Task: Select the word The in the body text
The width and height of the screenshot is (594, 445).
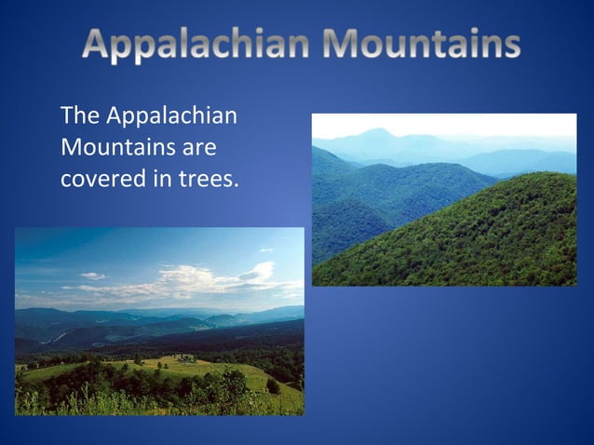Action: click(x=80, y=118)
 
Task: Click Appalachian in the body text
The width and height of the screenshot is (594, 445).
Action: click(x=172, y=118)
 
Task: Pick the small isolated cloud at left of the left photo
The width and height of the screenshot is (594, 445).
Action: click(x=93, y=276)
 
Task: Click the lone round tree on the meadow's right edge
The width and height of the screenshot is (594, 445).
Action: click(x=272, y=384)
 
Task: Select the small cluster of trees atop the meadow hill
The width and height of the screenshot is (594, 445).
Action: click(x=187, y=357)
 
